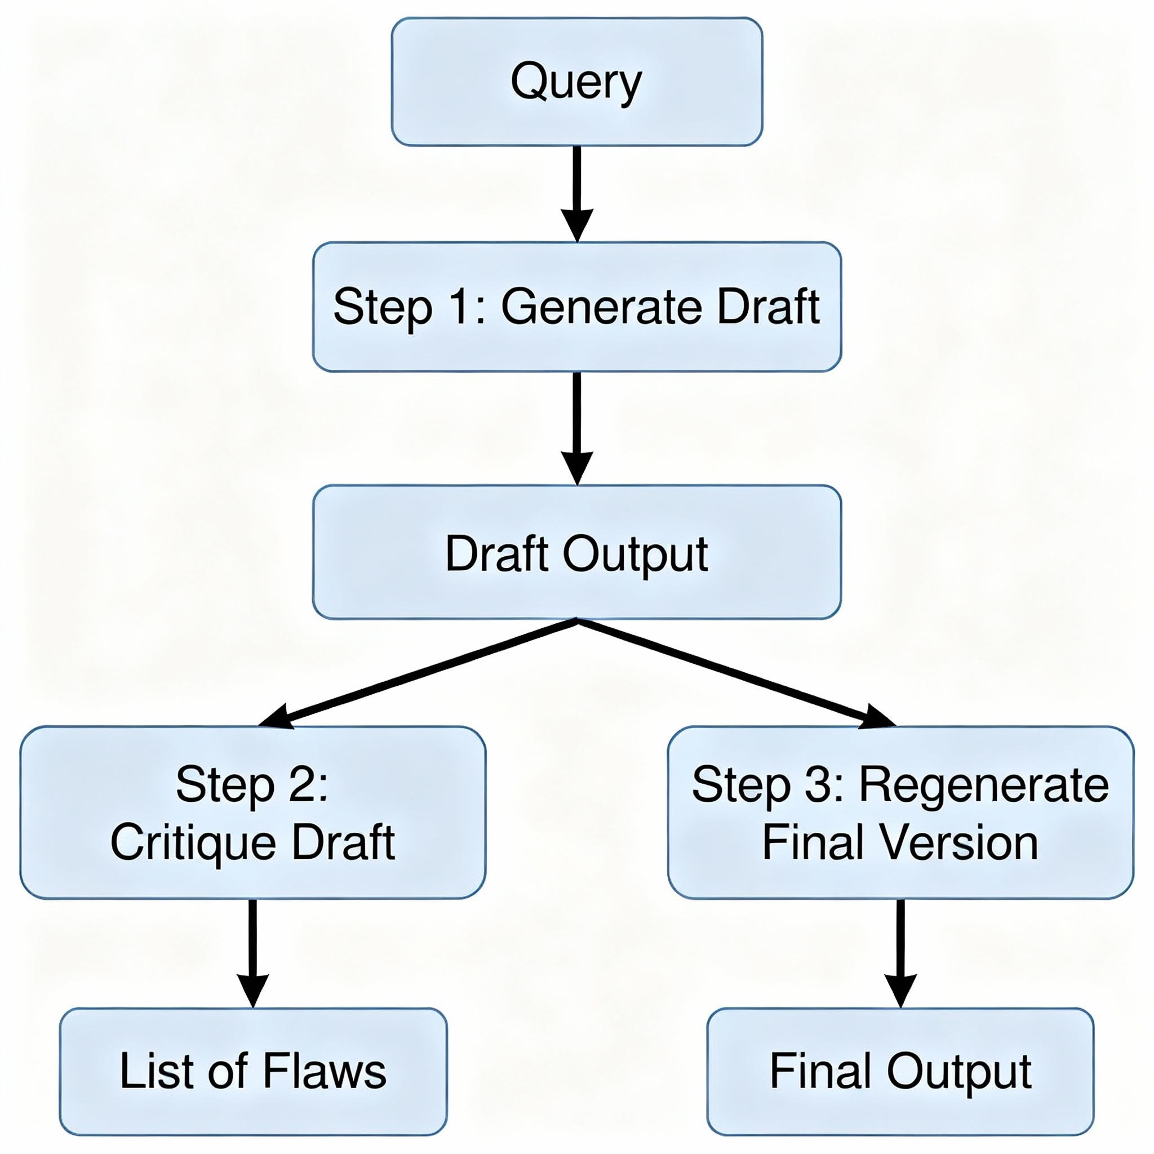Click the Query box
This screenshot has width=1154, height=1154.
(576, 82)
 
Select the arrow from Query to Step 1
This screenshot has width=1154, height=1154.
(577, 191)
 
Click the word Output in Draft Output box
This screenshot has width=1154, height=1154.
(636, 554)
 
